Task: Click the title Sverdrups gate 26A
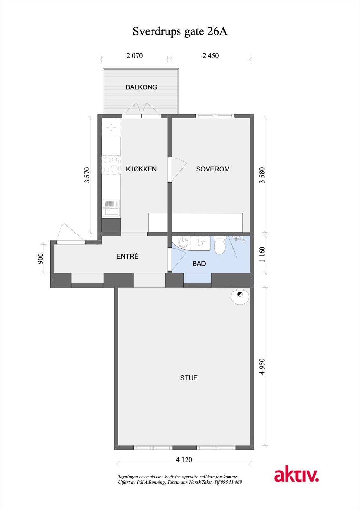click(180, 31)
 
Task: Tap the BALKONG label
click(141, 87)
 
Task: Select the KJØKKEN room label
click(141, 169)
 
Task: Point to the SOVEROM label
click(213, 169)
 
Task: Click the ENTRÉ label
click(127, 256)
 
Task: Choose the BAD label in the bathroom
click(199, 264)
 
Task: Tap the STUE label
click(189, 378)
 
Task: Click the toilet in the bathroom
click(220, 245)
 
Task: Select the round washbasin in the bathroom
click(184, 242)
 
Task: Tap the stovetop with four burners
click(111, 165)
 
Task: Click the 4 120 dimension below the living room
click(184, 460)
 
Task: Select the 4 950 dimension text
click(262, 366)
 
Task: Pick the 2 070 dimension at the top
click(134, 56)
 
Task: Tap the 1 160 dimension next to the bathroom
click(262, 254)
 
